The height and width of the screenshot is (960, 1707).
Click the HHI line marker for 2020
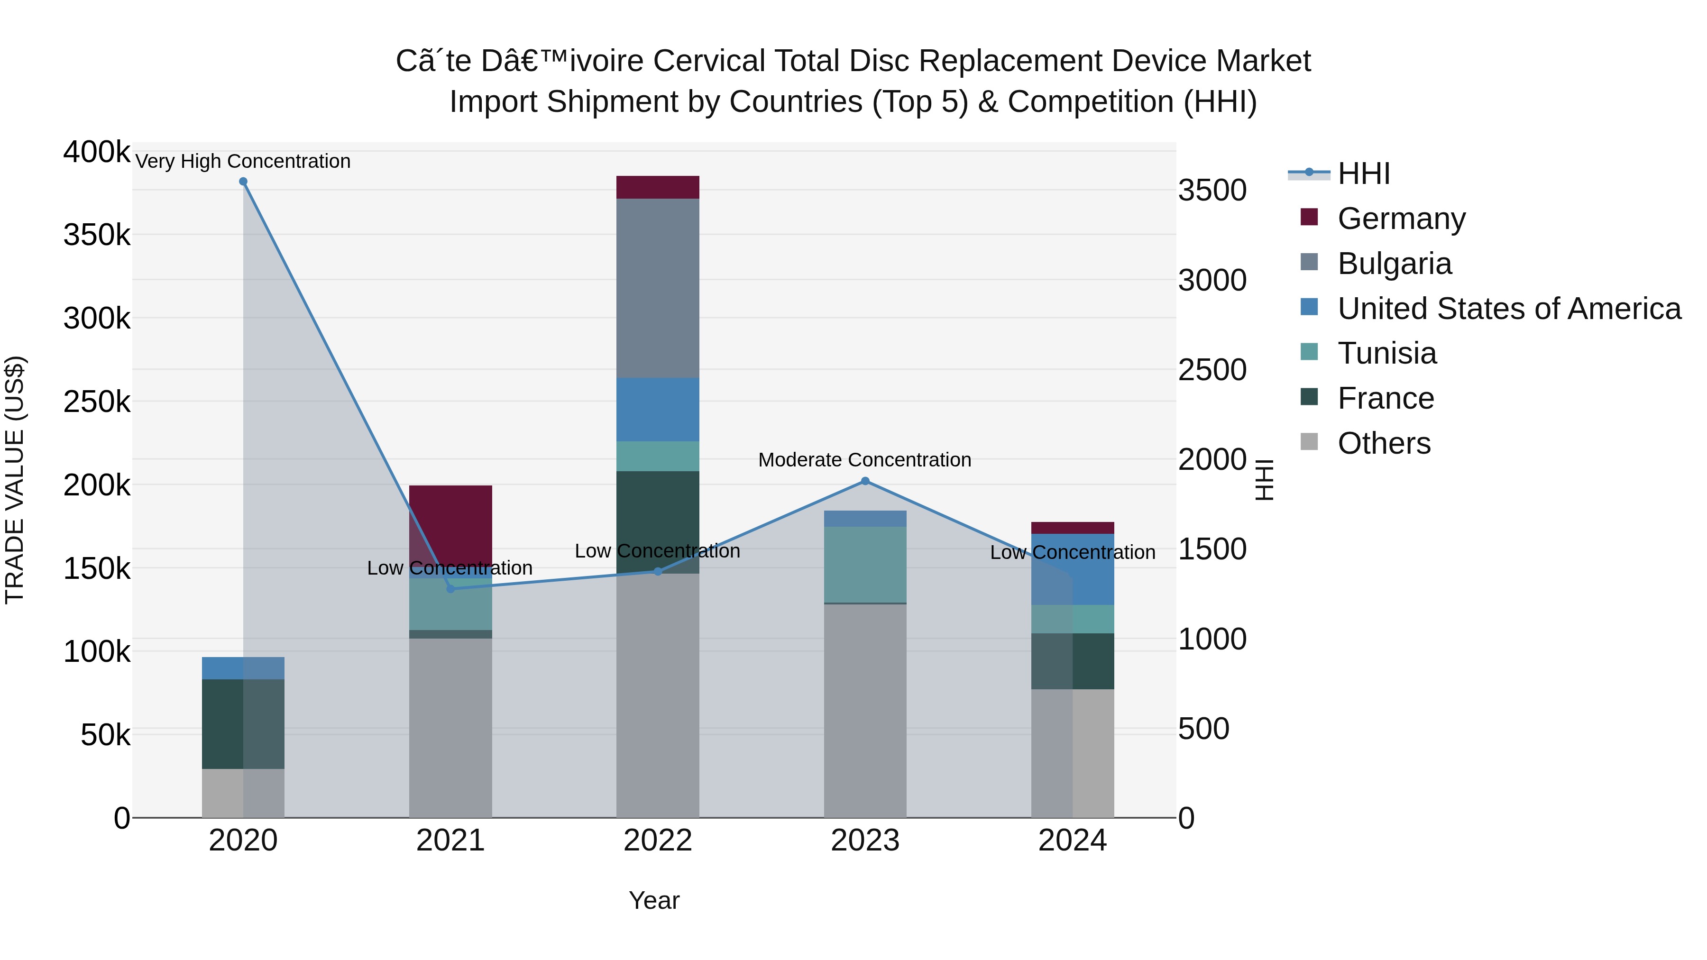tap(243, 182)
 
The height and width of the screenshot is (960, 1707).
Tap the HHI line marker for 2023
tap(865, 481)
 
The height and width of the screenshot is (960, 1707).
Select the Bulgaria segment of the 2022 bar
tap(657, 288)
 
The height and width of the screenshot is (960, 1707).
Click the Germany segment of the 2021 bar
tap(450, 523)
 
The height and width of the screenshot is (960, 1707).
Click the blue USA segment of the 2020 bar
tap(243, 668)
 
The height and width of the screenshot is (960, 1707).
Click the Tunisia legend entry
tap(1386, 353)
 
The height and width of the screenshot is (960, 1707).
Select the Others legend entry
tap(1384, 443)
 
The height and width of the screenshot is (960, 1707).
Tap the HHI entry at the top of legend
tap(1363, 174)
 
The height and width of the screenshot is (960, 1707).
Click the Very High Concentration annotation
tap(243, 161)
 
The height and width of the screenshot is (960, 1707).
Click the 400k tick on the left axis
tap(97, 152)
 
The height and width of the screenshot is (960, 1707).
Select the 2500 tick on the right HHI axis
tap(1212, 370)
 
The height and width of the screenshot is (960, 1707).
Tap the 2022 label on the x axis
tap(657, 841)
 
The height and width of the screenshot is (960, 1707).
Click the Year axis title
tap(654, 900)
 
